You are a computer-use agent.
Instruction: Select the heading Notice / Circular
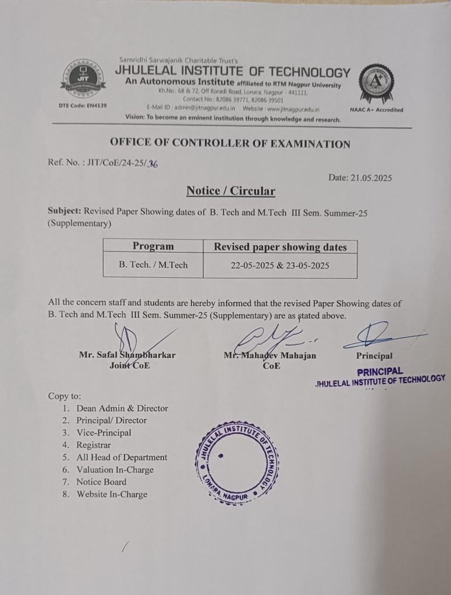click(x=230, y=191)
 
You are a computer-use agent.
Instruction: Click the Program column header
click(x=153, y=246)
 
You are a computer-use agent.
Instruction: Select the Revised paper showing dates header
click(x=280, y=247)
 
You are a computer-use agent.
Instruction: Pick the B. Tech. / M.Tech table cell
click(x=153, y=265)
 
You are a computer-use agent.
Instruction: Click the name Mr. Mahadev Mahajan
click(x=270, y=355)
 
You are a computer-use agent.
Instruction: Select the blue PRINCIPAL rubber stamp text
click(x=379, y=371)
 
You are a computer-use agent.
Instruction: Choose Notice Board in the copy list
click(x=101, y=482)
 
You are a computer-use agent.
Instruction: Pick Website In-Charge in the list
click(x=111, y=494)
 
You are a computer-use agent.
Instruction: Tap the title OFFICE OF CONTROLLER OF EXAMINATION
click(x=230, y=144)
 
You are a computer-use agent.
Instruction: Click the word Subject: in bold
click(x=65, y=213)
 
